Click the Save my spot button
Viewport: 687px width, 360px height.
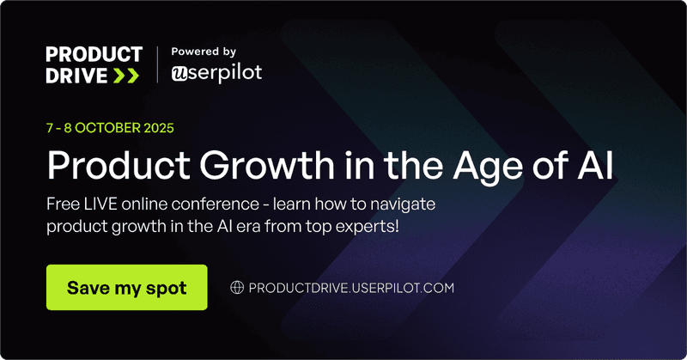[x=126, y=287]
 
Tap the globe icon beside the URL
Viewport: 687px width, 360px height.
[x=238, y=288]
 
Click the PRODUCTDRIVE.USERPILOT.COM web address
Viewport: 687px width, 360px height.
[x=350, y=288]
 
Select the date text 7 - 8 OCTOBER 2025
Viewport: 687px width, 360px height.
[x=110, y=129]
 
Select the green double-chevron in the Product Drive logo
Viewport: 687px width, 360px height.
[x=125, y=76]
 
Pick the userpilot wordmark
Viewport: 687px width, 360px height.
[x=224, y=74]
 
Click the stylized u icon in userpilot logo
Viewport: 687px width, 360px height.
[x=180, y=74]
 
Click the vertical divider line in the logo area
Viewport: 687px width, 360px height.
[x=158, y=65]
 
